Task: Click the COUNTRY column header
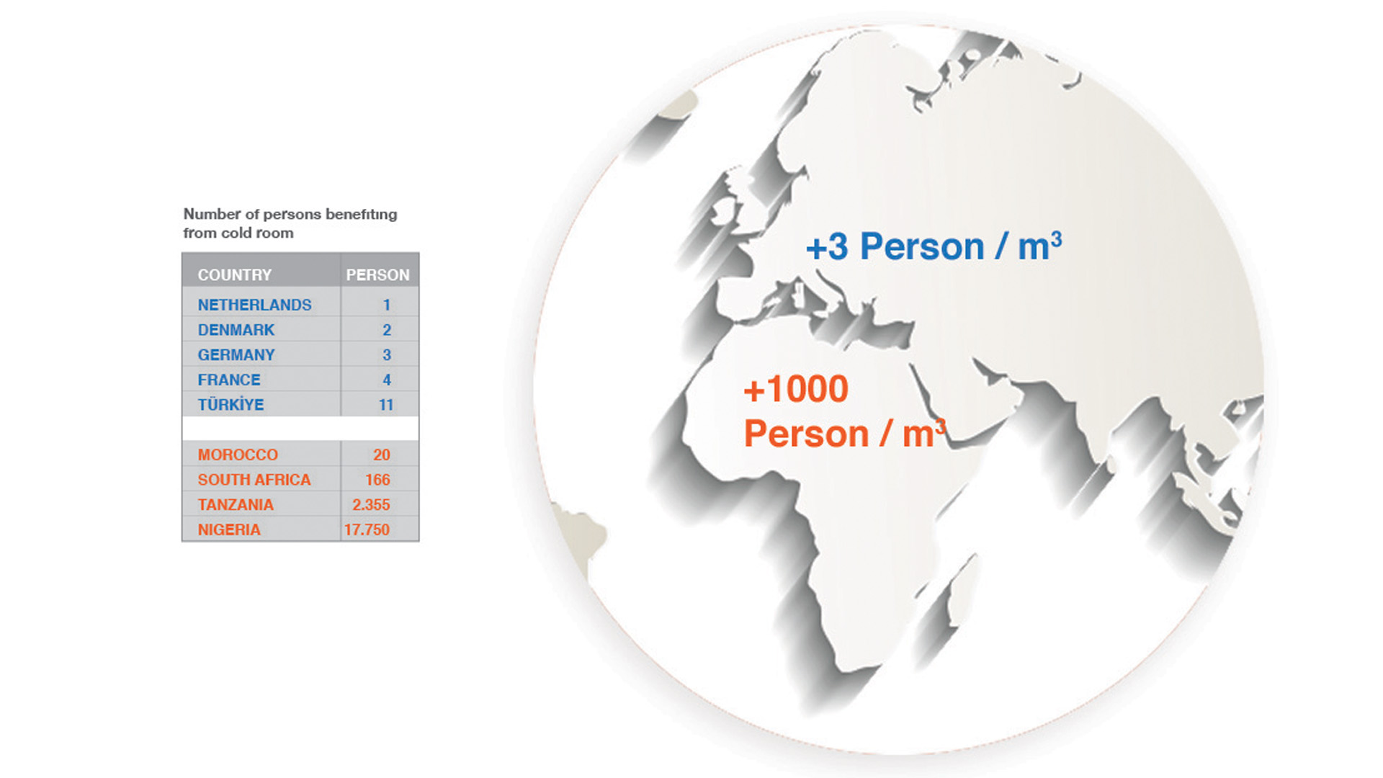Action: [x=235, y=275]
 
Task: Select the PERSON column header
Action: [x=377, y=275]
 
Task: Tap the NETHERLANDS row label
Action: [x=255, y=305]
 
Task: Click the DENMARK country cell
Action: [x=236, y=330]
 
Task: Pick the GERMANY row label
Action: [x=236, y=355]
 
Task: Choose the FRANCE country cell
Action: [x=229, y=380]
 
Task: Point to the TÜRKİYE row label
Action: [x=231, y=404]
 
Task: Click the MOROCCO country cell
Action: [x=238, y=455]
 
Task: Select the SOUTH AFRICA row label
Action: [x=254, y=480]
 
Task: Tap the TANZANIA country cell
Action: [x=236, y=505]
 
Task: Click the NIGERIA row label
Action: [x=229, y=529]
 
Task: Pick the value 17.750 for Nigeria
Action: [x=367, y=529]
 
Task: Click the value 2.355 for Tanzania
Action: [x=371, y=505]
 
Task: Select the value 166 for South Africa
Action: [x=377, y=480]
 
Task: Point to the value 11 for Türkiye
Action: [x=386, y=405]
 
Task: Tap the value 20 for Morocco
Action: [x=382, y=455]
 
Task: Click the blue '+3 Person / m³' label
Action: [x=934, y=246]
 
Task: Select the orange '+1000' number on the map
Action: [x=796, y=390]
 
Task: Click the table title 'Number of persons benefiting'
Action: [x=290, y=215]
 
